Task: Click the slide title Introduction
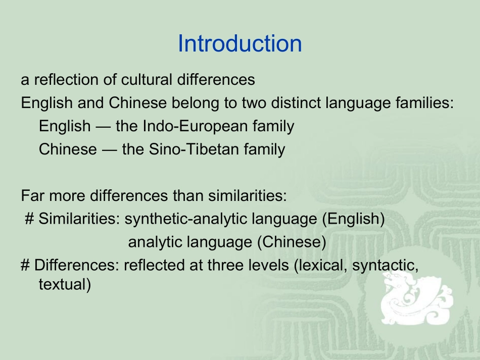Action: [x=239, y=44]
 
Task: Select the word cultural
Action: [x=145, y=80]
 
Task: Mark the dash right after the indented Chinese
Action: [x=109, y=149]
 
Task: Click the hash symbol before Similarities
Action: [x=29, y=219]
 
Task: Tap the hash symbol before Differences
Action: [x=25, y=266]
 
